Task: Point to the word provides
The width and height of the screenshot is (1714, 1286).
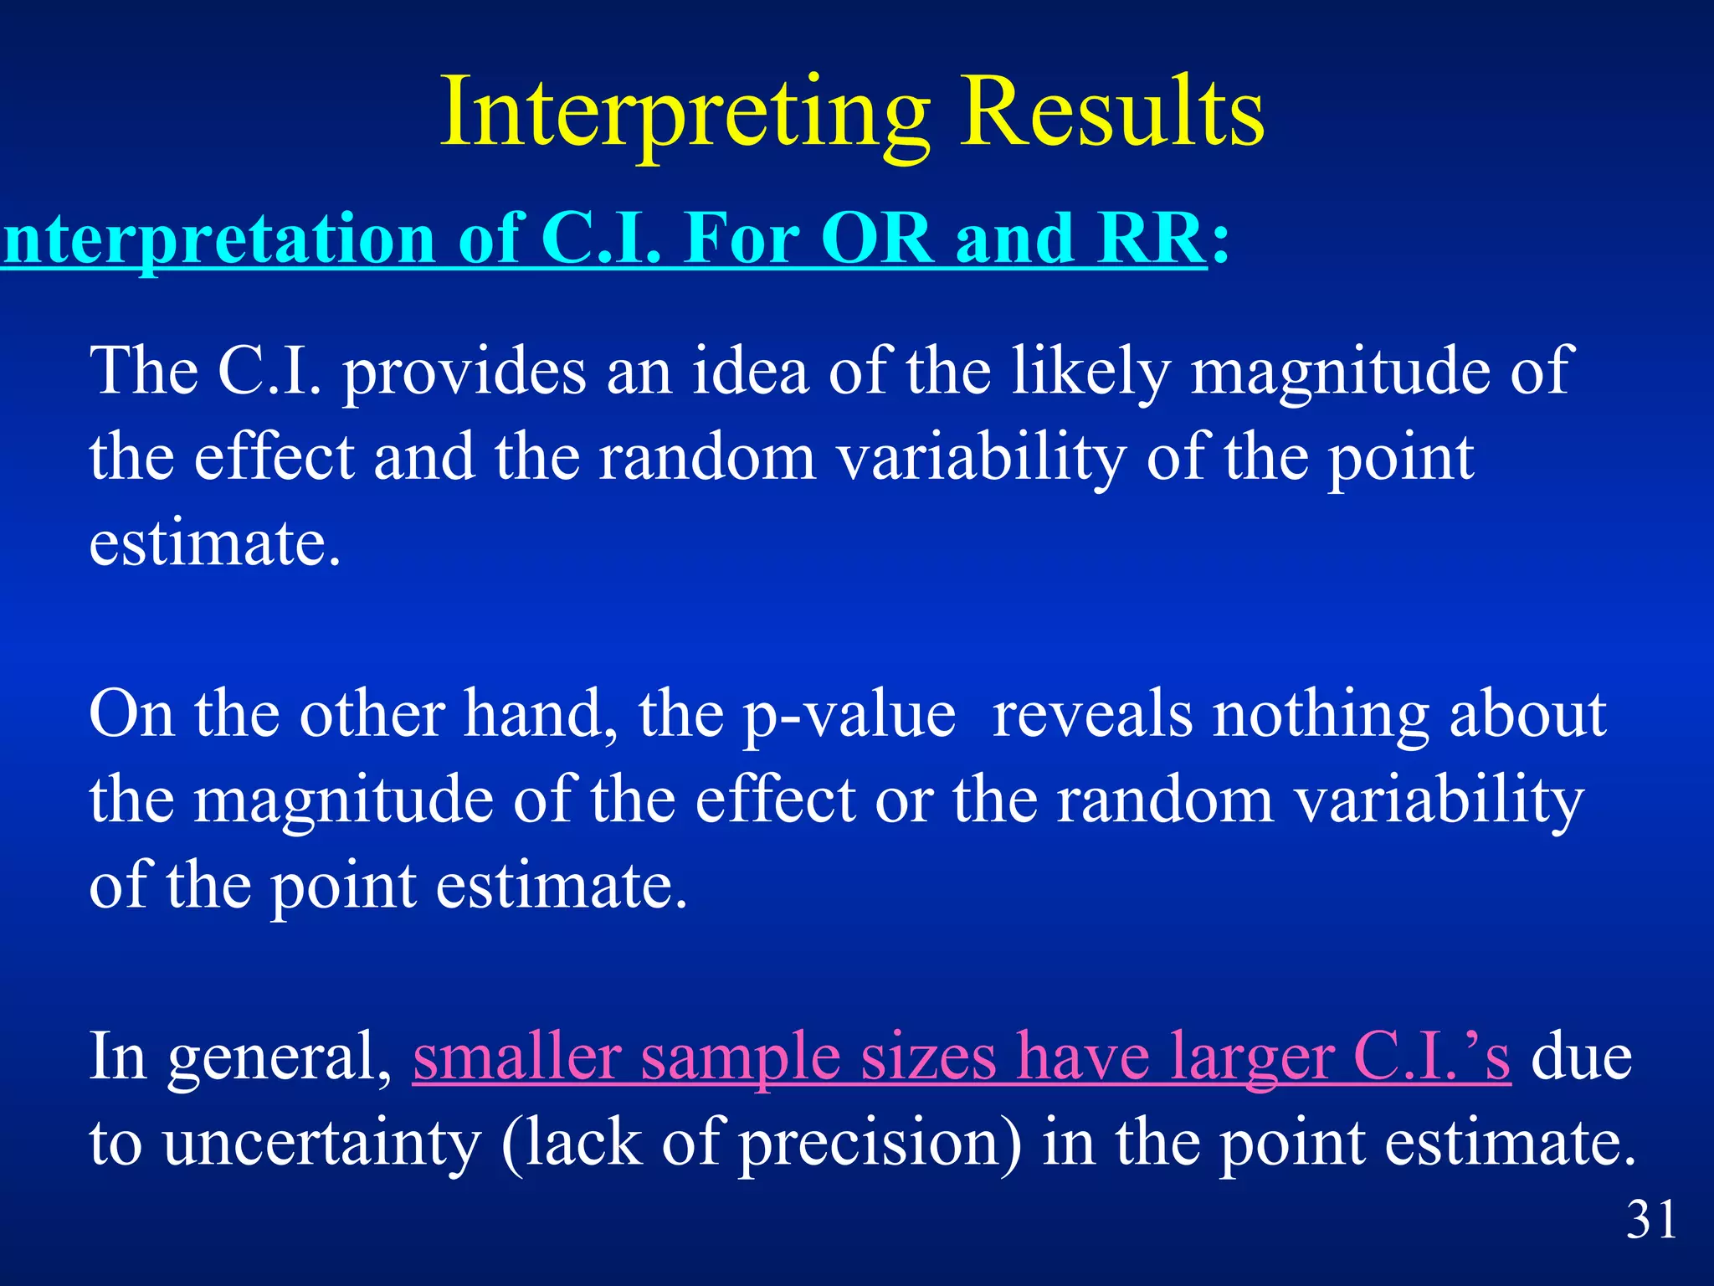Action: pyautogui.click(x=464, y=373)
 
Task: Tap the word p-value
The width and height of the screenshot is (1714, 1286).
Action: pyautogui.click(x=849, y=717)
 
